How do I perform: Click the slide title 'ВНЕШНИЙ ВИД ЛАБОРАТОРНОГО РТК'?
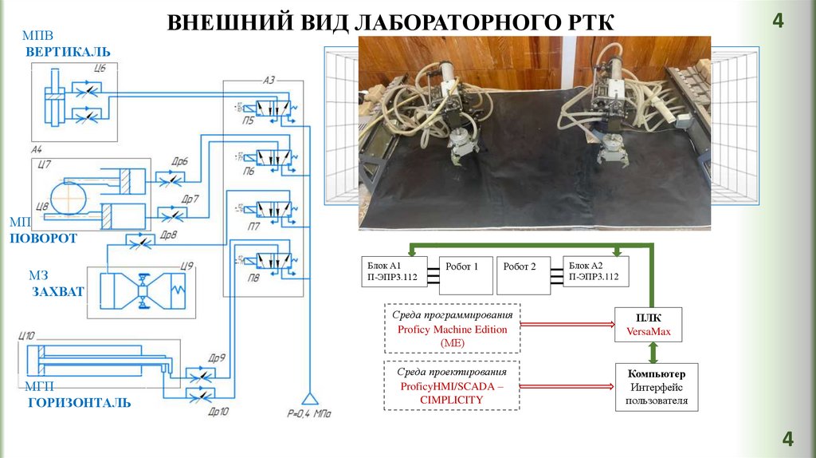click(391, 22)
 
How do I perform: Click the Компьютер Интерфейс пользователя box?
click(656, 387)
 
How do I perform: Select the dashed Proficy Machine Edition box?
click(451, 328)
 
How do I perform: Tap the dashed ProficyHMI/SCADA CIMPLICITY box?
click(451, 385)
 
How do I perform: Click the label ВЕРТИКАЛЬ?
click(68, 53)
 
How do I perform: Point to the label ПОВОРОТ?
click(44, 239)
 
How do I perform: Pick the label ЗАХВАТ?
click(57, 292)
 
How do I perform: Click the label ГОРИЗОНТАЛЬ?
click(79, 403)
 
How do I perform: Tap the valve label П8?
click(253, 278)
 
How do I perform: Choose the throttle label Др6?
click(179, 160)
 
